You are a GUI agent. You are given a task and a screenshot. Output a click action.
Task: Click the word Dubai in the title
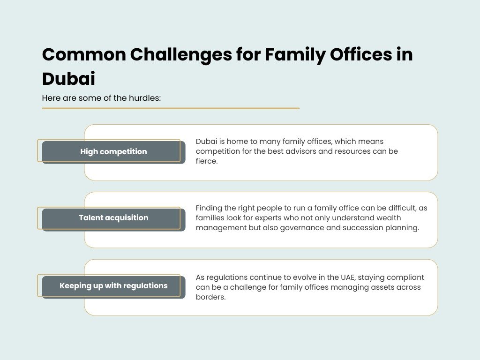(x=68, y=79)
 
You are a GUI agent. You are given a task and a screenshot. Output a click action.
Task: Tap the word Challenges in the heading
(x=181, y=55)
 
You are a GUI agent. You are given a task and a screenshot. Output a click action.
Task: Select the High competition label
(x=113, y=151)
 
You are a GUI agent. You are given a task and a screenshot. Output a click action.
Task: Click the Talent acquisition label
(x=113, y=217)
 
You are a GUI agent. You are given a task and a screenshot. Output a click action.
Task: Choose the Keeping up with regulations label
(x=113, y=285)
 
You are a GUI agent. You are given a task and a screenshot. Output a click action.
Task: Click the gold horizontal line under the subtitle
(x=171, y=108)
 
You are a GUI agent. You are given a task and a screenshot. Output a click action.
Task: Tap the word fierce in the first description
(x=207, y=161)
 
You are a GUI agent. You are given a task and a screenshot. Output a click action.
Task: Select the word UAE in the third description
(x=347, y=277)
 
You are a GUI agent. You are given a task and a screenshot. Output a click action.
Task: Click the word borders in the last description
(x=210, y=297)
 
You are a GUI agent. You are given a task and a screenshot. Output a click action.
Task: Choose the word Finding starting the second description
(x=209, y=208)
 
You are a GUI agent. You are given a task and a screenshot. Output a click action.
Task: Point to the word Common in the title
(x=84, y=55)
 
